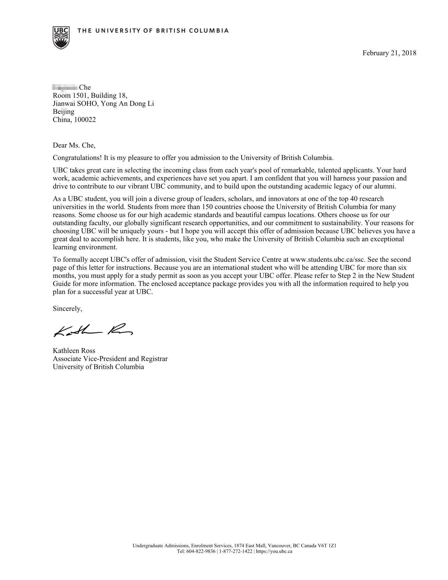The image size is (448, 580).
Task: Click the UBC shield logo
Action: pos(61,37)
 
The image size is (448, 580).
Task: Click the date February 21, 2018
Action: pos(389,53)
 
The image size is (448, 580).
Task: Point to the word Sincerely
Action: pos(67,309)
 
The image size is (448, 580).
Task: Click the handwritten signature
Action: pos(93,331)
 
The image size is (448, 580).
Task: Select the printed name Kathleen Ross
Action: pos(74,351)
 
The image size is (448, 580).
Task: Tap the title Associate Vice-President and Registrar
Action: pos(110,359)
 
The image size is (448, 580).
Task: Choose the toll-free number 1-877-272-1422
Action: pos(235,552)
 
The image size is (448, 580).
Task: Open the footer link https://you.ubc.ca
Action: pos(274,552)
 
